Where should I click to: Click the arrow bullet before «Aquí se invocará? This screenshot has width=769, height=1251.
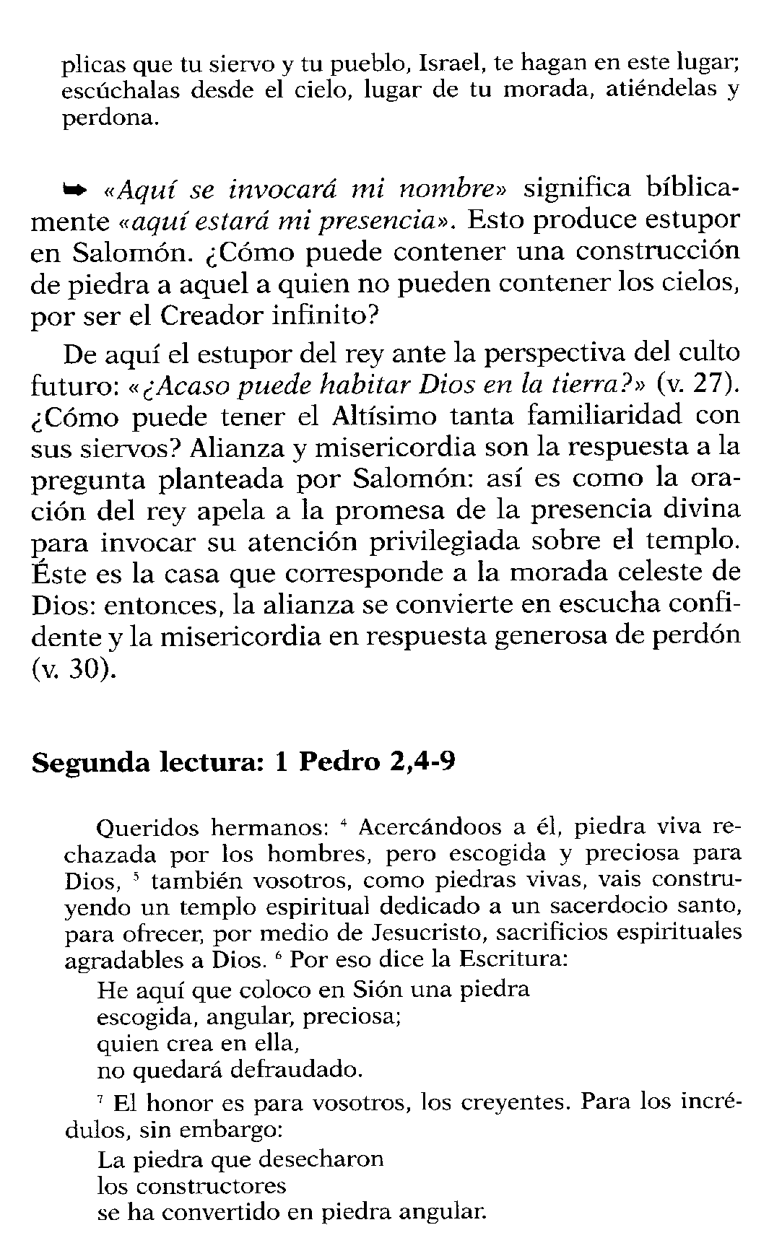(75, 190)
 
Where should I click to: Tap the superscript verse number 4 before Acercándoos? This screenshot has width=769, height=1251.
(344, 822)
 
